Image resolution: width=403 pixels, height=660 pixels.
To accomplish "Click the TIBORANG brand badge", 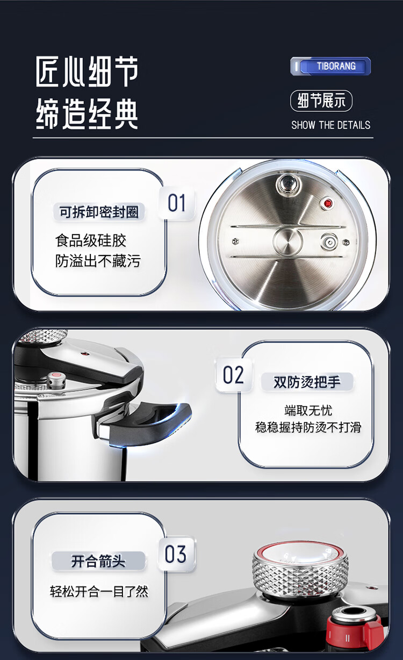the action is (x=330, y=66).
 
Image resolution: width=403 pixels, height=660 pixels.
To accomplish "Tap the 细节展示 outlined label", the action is (x=321, y=101).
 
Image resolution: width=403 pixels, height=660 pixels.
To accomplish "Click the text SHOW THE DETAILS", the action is (x=331, y=125).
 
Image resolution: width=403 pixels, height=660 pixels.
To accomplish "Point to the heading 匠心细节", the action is (x=87, y=72).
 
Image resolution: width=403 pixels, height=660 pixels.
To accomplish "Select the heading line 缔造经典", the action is (x=87, y=113).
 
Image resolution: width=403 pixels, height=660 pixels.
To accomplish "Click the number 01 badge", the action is (x=177, y=203).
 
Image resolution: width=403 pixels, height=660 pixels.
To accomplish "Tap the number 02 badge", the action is (x=233, y=375).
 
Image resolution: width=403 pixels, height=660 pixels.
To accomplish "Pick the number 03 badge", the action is (x=176, y=554).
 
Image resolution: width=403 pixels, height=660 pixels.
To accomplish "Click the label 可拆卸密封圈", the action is (x=99, y=212).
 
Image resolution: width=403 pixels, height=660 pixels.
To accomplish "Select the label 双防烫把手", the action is (x=307, y=382).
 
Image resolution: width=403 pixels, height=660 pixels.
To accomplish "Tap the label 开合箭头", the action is (x=98, y=560).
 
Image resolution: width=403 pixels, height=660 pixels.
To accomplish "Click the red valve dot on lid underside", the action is (x=327, y=203).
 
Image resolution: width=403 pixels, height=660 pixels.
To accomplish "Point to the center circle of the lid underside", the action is (x=287, y=241).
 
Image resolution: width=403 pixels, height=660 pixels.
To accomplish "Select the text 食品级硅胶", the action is (x=91, y=240).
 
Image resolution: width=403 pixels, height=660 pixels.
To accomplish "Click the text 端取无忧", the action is (x=308, y=410).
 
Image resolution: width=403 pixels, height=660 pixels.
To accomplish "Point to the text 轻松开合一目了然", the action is (x=99, y=591).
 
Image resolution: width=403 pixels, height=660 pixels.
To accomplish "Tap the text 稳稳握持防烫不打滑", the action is (x=308, y=427).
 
